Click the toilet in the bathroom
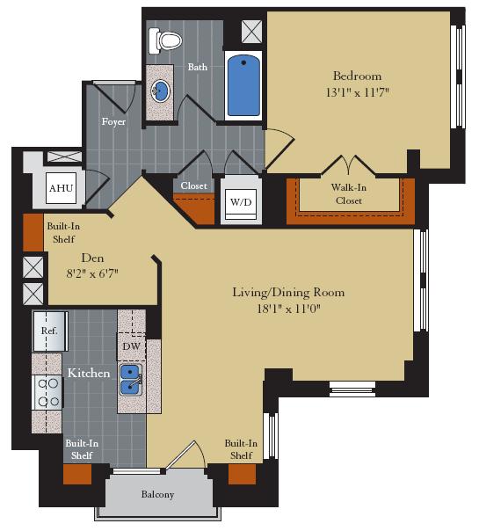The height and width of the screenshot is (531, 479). coord(165,40)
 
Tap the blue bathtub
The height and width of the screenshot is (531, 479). coord(243,85)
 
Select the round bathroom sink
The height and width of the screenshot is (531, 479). coord(161,91)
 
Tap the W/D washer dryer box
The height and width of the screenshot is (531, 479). coord(240,202)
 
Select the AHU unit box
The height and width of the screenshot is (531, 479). coord(60,188)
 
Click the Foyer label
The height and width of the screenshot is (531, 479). coord(113,121)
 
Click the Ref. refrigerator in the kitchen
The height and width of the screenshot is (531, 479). coord(49,331)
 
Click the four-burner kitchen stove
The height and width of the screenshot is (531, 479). coord(47,391)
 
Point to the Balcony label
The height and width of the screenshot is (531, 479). coord(158,494)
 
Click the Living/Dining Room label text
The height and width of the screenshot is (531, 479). coord(288,292)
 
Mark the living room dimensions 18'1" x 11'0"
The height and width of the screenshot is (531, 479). coord(288,308)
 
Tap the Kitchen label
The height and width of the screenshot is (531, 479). coord(89,373)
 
